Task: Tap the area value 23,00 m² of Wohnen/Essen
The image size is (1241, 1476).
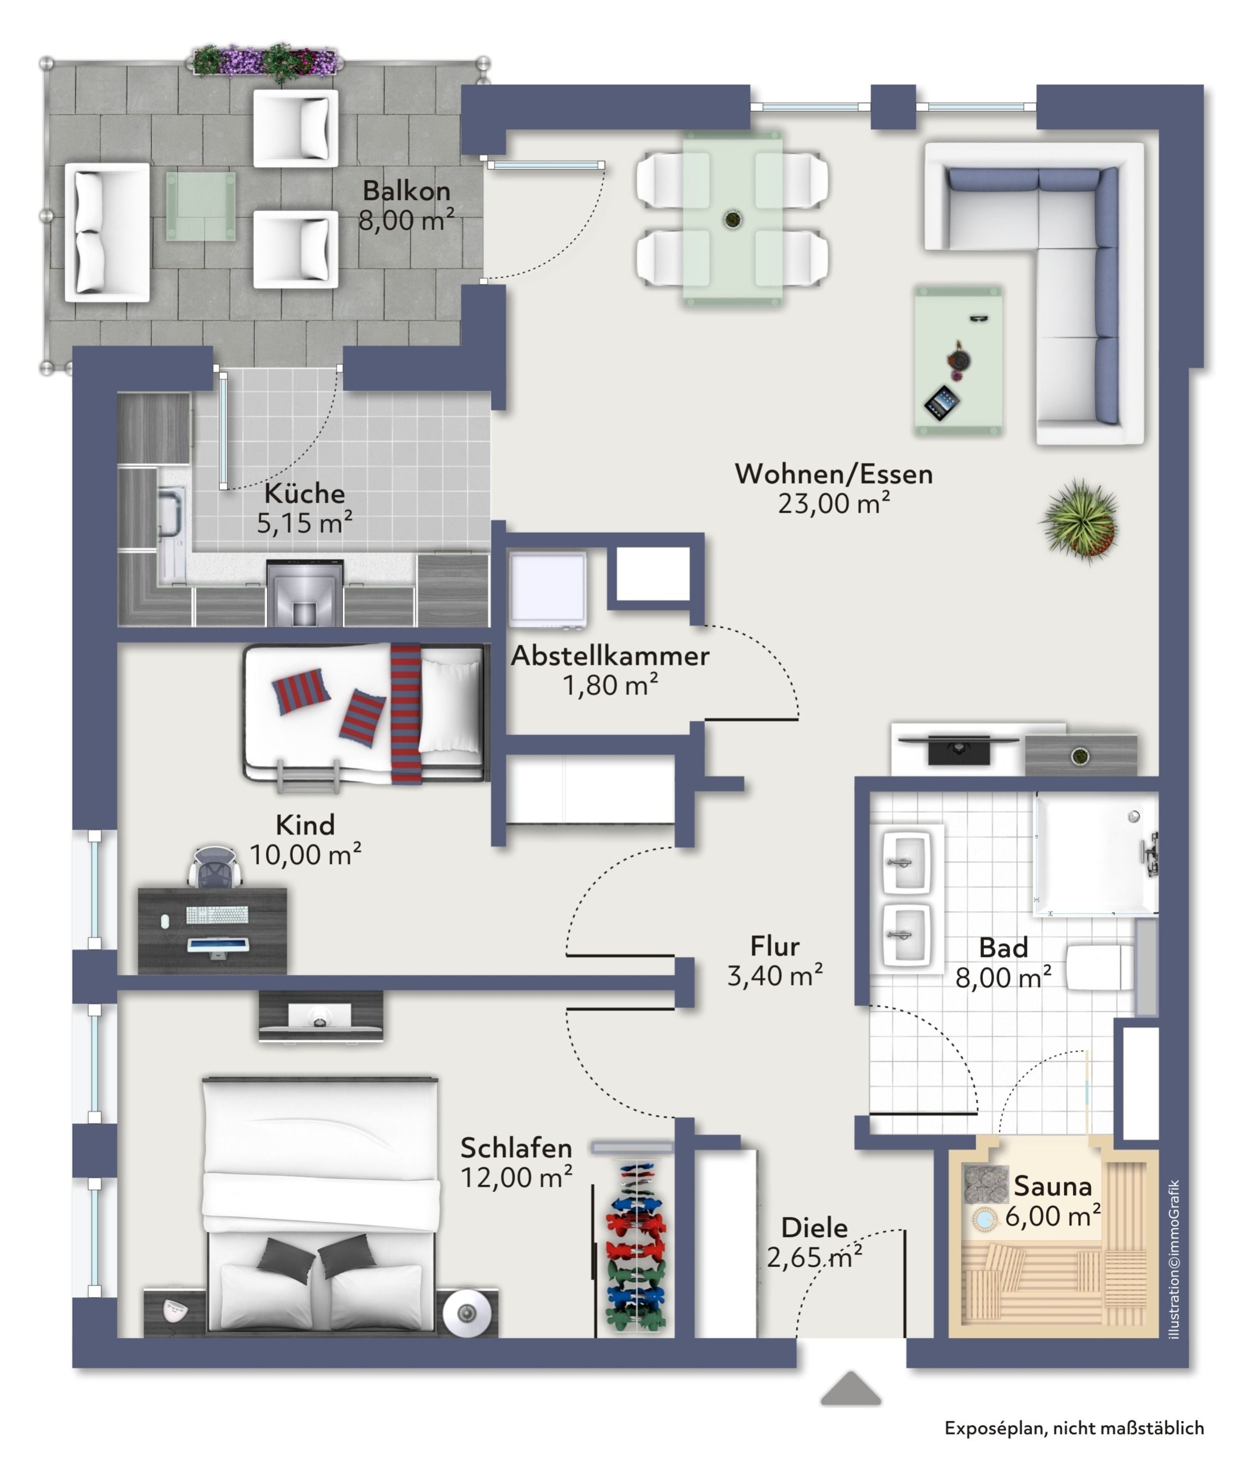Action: click(x=834, y=503)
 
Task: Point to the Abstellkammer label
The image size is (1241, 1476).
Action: click(x=610, y=656)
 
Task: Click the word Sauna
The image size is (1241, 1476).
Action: click(x=1052, y=1186)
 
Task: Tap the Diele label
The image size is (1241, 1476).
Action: click(x=814, y=1228)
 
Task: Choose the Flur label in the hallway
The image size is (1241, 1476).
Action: click(x=775, y=946)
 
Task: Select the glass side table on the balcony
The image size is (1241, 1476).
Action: click(x=201, y=206)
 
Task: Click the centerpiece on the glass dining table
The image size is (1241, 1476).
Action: click(x=733, y=220)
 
